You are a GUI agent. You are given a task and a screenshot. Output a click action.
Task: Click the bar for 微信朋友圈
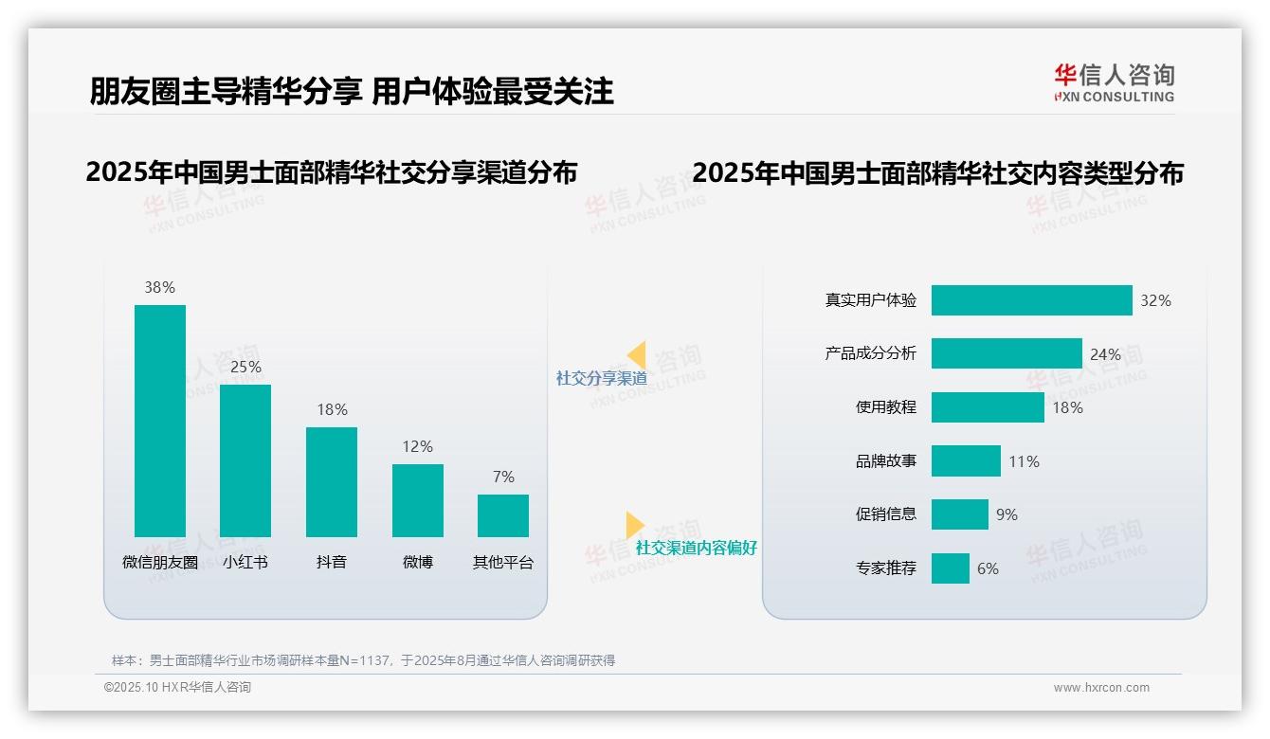coord(160,421)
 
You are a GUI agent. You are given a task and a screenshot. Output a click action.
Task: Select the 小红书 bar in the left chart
coord(245,460)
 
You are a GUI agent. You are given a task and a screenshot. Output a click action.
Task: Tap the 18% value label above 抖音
coord(332,410)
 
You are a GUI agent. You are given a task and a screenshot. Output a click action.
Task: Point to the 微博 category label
coord(418,562)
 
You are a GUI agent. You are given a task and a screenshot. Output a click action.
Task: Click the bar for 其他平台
coord(503,515)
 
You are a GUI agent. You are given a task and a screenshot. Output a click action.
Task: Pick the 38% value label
coord(160,288)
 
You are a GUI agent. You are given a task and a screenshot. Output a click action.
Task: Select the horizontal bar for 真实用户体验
coord(1031,300)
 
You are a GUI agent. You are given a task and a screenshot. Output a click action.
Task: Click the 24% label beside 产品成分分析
coord(1105,354)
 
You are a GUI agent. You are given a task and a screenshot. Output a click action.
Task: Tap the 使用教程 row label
coord(886,407)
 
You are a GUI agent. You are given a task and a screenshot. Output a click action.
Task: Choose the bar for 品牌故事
coord(966,461)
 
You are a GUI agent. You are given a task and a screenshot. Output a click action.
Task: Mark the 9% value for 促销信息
coord(1007,514)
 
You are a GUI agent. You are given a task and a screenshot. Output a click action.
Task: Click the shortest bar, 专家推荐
coord(951,568)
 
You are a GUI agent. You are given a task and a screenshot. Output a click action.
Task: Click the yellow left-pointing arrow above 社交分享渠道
coord(637,355)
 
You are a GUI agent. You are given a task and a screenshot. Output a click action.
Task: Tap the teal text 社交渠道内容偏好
coord(697,548)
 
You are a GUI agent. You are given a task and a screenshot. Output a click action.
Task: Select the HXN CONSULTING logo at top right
coord(1114,83)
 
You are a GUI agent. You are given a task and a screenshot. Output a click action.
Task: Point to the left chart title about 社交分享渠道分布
coord(331,172)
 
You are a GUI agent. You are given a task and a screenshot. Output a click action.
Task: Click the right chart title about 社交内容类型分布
coord(937,173)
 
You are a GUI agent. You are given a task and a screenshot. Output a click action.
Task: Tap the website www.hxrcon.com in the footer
coord(1101,688)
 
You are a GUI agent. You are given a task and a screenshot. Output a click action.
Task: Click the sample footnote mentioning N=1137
coord(363,660)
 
